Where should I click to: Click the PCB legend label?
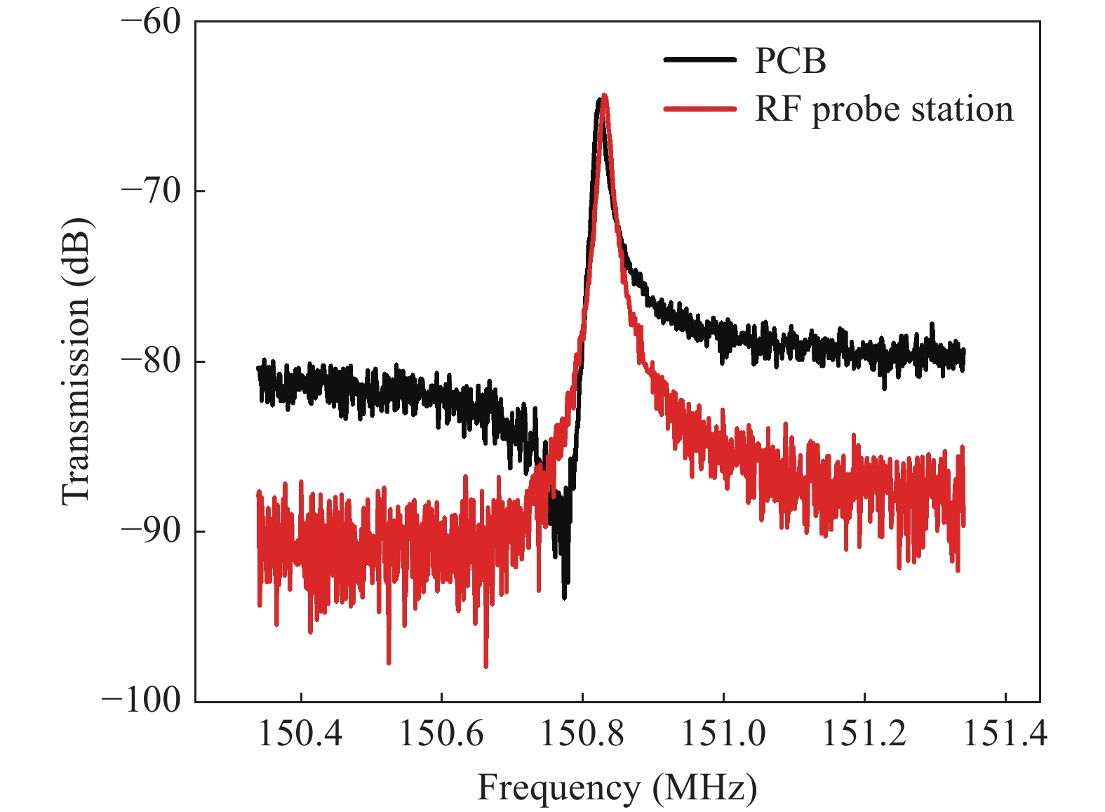[x=790, y=61]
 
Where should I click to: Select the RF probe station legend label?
[x=884, y=109]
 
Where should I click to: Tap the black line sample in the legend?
[x=699, y=60]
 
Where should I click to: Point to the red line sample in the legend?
[x=699, y=109]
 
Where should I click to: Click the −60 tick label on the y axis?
[x=151, y=21]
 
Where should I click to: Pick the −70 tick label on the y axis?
[x=151, y=190]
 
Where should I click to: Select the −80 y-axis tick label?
[x=151, y=361]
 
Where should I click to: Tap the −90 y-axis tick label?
[x=151, y=531]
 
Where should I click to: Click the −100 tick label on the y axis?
[x=142, y=700]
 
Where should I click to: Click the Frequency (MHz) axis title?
[x=617, y=788]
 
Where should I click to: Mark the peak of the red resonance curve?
[x=604, y=95]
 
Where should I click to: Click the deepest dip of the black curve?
[x=564, y=597]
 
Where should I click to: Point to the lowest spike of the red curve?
[x=485, y=666]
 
